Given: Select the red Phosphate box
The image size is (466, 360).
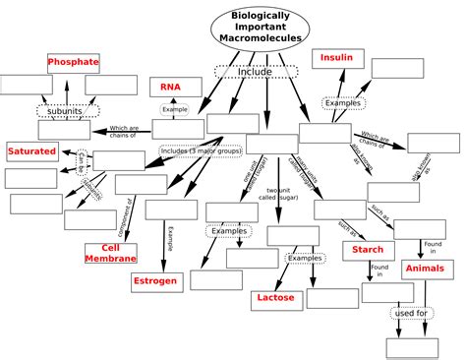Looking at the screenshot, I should click(x=74, y=63).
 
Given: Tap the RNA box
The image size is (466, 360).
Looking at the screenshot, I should click(x=171, y=88).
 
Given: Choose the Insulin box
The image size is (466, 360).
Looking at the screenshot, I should click(x=336, y=59).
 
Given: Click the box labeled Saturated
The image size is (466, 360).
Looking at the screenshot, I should click(x=31, y=151).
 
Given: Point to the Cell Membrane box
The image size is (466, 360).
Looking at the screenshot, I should click(x=104, y=254).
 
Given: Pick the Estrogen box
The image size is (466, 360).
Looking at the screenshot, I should click(x=154, y=281).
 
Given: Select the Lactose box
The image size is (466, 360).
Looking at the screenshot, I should click(x=275, y=296).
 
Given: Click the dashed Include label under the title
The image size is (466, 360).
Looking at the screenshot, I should click(x=255, y=72).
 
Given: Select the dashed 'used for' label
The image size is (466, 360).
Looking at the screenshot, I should click(x=411, y=314).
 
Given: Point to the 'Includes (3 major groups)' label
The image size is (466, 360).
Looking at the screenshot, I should click(x=202, y=152).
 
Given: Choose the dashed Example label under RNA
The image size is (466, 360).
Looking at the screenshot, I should click(x=175, y=109).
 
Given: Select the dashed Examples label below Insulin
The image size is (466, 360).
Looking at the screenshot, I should click(x=343, y=102).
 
